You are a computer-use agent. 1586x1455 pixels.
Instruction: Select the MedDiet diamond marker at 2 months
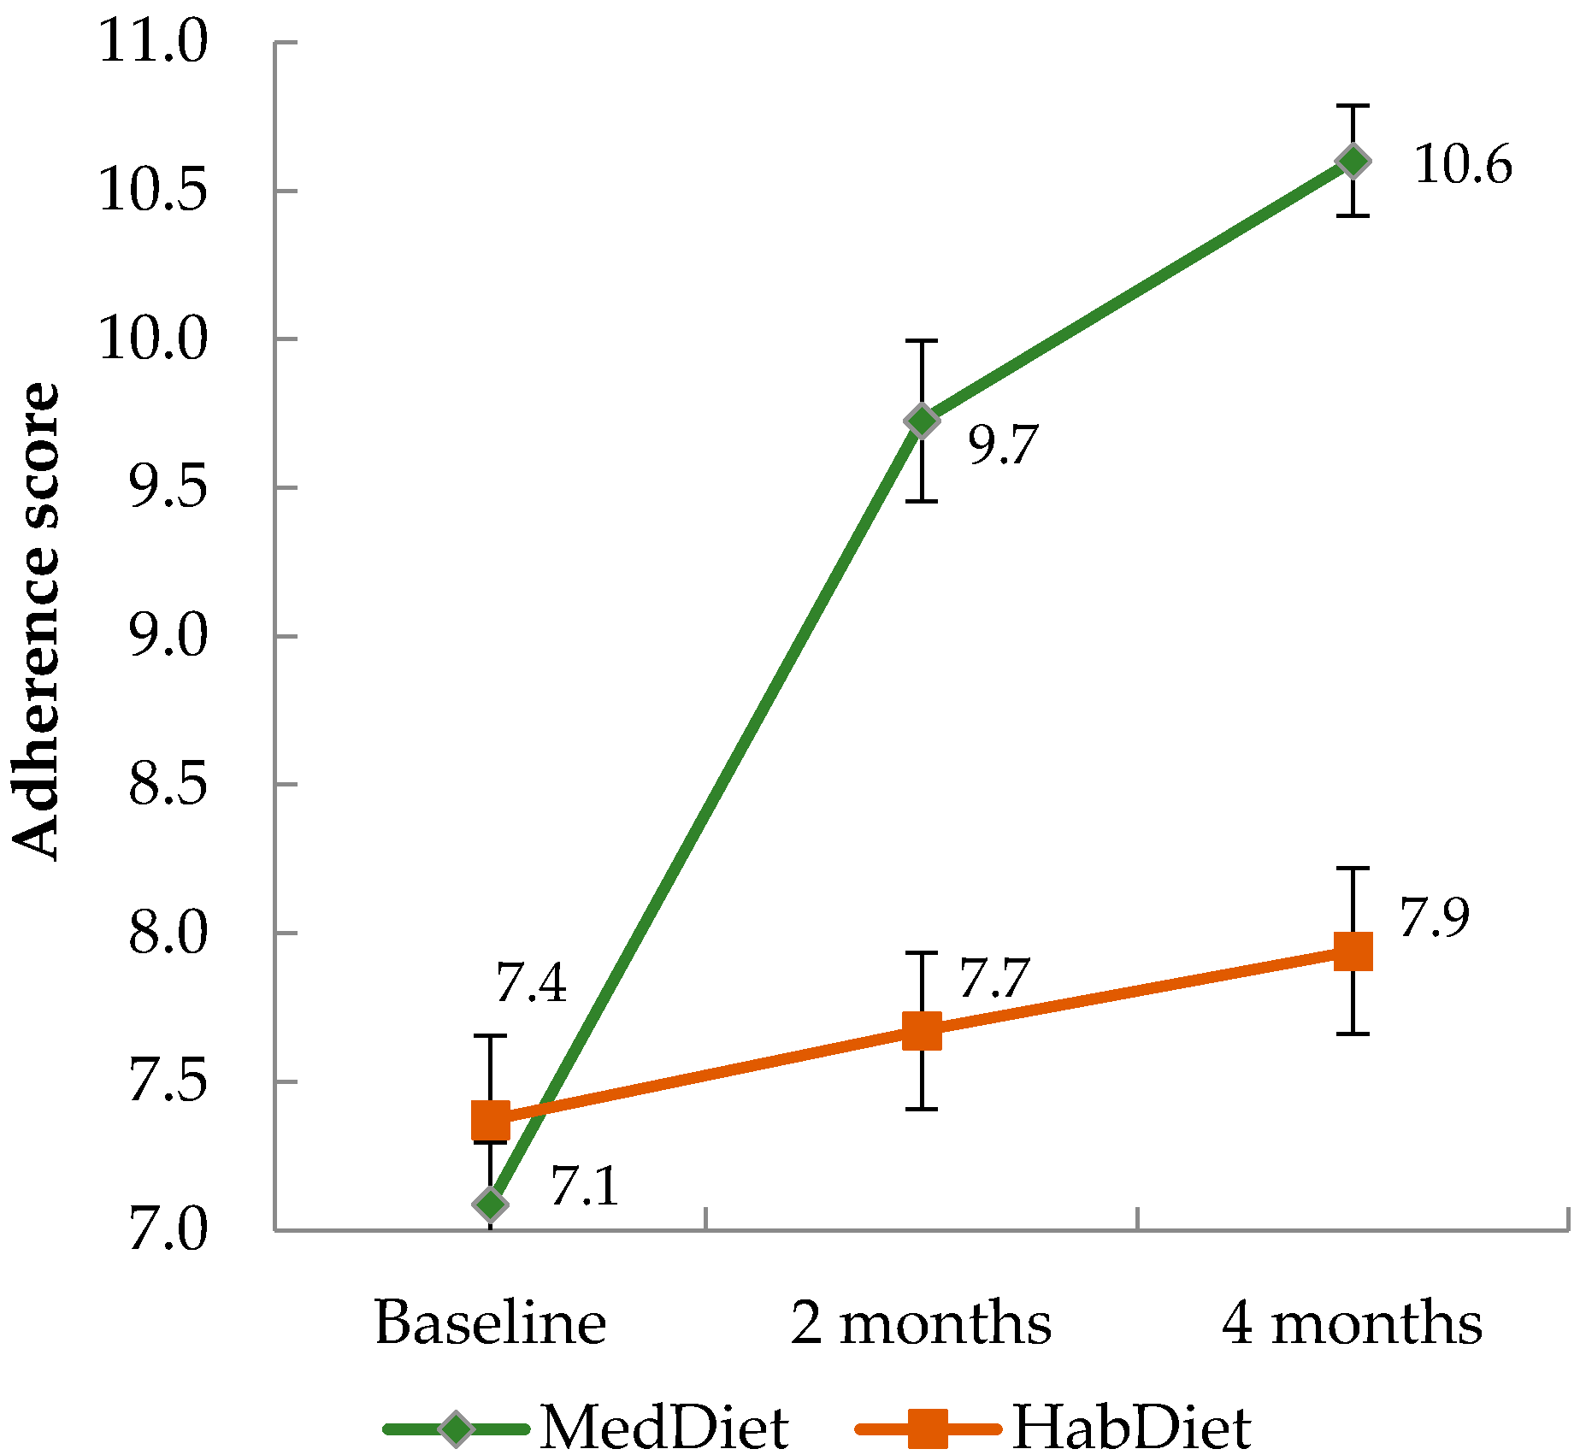[x=922, y=421]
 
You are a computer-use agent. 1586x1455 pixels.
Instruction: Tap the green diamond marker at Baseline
[x=491, y=1204]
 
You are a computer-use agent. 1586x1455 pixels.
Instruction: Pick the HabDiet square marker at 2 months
[x=922, y=1031]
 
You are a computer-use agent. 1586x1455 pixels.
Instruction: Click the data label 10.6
[x=1463, y=165]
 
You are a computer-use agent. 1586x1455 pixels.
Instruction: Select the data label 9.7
[x=1003, y=445]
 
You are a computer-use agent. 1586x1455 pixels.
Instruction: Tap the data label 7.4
[x=531, y=983]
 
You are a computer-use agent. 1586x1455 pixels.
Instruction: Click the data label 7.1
[x=585, y=1187]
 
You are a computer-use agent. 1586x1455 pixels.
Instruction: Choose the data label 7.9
[x=1434, y=918]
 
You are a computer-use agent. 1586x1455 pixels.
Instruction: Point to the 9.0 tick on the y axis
[x=168, y=636]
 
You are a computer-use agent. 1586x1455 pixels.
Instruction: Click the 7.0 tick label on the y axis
[x=168, y=1231]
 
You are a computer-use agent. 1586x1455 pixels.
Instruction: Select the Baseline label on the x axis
[x=491, y=1323]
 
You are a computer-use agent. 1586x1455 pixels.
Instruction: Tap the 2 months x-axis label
[x=921, y=1323]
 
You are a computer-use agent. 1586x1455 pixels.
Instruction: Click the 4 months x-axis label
[x=1353, y=1323]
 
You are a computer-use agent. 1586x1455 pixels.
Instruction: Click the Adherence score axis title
[x=36, y=621]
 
